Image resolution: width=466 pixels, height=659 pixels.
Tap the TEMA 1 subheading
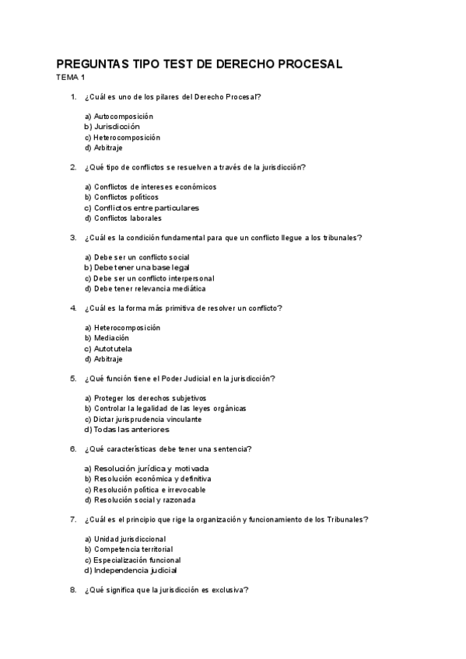pos(70,77)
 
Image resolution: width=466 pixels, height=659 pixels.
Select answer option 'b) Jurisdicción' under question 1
pos(112,127)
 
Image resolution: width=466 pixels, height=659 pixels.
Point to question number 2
pos(72,167)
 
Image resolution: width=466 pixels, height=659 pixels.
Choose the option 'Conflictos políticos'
pos(121,197)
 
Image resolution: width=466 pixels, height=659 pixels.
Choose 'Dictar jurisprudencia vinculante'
pos(142,419)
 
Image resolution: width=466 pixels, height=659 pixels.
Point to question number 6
pos(72,449)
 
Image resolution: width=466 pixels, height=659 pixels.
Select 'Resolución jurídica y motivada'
pos(146,469)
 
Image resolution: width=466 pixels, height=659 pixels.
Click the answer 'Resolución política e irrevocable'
pos(144,490)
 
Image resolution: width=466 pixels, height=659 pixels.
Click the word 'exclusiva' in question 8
pos(228,590)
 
